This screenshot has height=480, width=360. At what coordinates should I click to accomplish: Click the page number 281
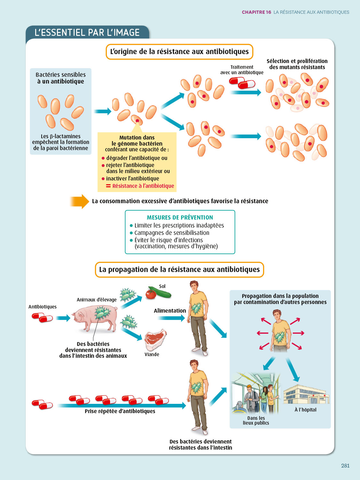tap(345, 466)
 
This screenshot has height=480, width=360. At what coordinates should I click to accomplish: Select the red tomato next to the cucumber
tap(151, 294)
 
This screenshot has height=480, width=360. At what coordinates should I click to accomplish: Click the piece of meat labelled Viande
tap(155, 340)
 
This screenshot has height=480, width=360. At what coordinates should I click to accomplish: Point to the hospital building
tap(306, 394)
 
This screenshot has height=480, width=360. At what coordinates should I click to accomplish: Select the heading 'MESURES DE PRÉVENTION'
tap(180, 217)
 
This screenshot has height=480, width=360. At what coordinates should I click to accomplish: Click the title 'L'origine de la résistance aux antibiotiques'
tap(179, 52)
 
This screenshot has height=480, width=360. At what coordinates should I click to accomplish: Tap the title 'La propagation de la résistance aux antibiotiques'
tap(179, 269)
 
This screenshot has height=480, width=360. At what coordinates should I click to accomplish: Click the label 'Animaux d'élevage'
tap(97, 300)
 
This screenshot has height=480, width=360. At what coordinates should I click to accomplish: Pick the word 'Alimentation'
tap(170, 311)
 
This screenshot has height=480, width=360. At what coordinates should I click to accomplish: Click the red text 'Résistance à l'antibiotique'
tap(143, 186)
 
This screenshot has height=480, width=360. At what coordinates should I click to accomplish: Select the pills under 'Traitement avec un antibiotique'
tap(242, 83)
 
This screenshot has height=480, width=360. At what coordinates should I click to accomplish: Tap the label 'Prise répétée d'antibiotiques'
tap(120, 411)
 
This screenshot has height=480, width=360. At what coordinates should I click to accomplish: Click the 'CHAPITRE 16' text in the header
tap(256, 12)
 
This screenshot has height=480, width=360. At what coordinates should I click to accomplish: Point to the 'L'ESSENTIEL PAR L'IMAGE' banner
tap(87, 33)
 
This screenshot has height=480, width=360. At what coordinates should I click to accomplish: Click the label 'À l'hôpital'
tap(305, 410)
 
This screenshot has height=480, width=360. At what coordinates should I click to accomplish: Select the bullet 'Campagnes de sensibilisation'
tap(172, 233)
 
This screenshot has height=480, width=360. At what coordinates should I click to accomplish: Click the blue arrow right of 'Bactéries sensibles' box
tap(102, 111)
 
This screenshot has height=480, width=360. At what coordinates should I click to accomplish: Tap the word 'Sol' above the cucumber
tap(162, 286)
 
